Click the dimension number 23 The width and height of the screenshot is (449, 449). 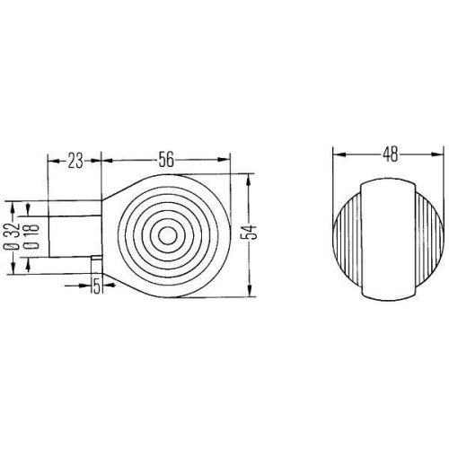[x=75, y=161]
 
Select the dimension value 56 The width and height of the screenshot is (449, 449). [x=166, y=161]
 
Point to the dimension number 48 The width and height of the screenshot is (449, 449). [x=389, y=154]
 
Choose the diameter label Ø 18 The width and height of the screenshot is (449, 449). [x=31, y=233]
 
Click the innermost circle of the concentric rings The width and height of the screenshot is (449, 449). [x=166, y=235]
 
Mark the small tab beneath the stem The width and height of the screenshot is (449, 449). [x=94, y=261]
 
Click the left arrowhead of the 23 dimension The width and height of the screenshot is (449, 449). [x=52, y=162]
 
